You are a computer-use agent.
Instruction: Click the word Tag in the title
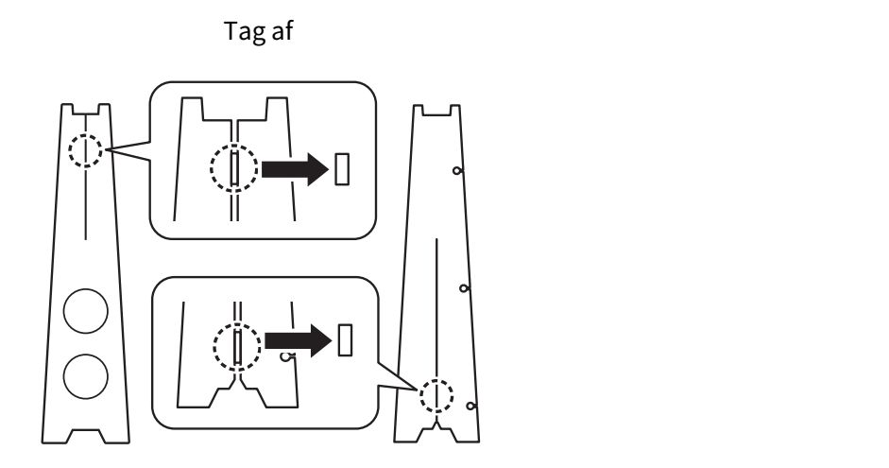click(x=245, y=32)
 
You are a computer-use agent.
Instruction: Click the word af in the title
click(x=282, y=30)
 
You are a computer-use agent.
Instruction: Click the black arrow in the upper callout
click(x=295, y=169)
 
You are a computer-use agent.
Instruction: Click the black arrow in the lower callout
click(x=299, y=340)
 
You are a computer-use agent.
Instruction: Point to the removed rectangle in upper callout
click(x=342, y=169)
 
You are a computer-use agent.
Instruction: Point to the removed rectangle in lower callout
click(x=345, y=340)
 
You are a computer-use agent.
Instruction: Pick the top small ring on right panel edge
click(x=457, y=171)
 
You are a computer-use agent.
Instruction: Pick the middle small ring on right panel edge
click(x=464, y=288)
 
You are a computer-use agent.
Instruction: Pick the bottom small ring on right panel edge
click(x=470, y=407)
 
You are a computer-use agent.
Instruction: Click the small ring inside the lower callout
click(x=286, y=356)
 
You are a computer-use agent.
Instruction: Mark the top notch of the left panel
click(x=86, y=110)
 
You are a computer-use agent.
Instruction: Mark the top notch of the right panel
click(x=436, y=111)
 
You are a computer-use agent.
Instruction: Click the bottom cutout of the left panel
click(x=86, y=436)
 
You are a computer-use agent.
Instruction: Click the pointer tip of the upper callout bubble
click(x=106, y=149)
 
